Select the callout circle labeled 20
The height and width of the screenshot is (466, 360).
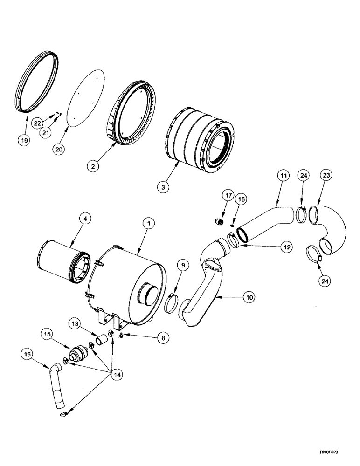59,149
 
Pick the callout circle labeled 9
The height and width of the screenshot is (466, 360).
184,266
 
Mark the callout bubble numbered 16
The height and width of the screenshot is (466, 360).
27,355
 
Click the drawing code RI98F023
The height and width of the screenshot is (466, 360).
338,452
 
